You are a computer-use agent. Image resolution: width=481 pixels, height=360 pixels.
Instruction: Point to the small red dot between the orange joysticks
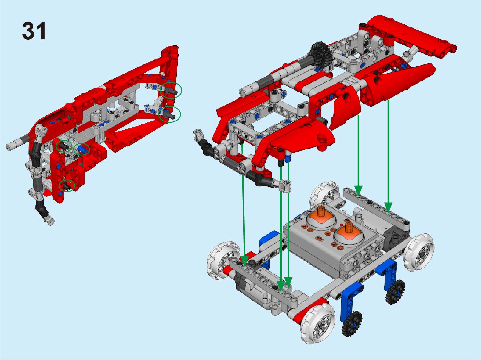pyautogui.click(x=341, y=225)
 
